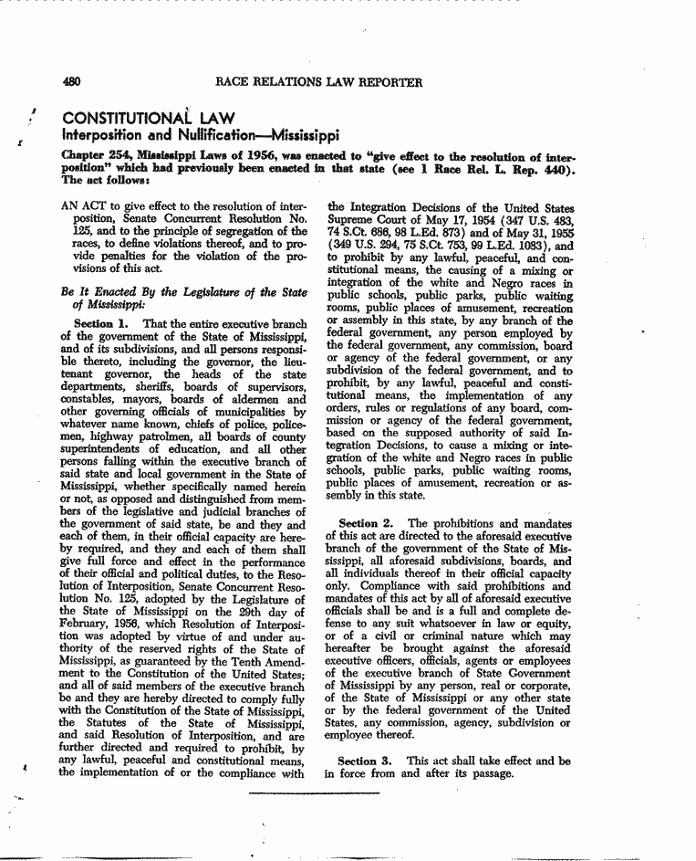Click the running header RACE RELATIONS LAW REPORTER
click(x=318, y=82)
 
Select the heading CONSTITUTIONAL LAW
click(x=148, y=119)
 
